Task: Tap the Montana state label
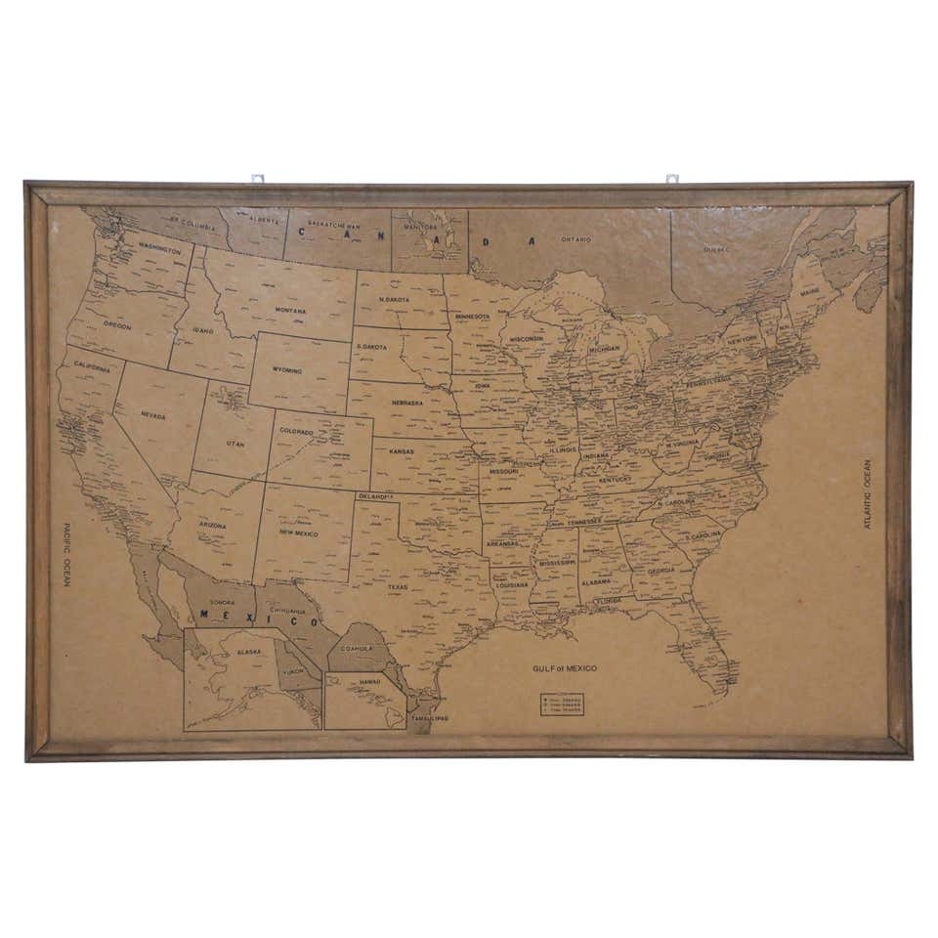click(x=290, y=311)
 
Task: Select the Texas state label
click(x=398, y=587)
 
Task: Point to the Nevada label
click(x=153, y=416)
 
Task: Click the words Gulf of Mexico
click(x=564, y=669)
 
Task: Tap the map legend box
click(x=562, y=704)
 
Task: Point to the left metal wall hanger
click(x=258, y=179)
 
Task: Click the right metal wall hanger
click(x=672, y=179)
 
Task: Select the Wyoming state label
click(x=287, y=371)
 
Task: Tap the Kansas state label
click(x=402, y=451)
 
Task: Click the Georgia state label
click(x=661, y=571)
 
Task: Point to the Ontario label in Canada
click(x=576, y=239)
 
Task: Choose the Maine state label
click(x=810, y=292)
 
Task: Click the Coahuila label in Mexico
click(x=357, y=648)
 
